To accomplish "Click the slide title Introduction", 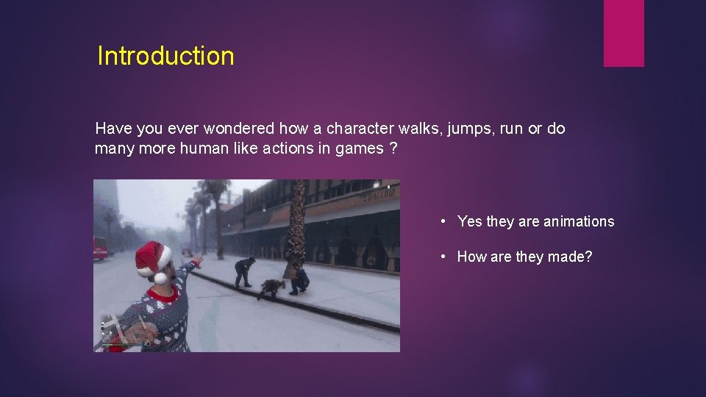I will [165, 57].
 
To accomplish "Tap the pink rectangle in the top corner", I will [624, 33].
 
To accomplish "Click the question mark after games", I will [394, 149].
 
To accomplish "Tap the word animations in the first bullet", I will [578, 221].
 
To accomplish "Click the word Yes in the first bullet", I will [469, 221].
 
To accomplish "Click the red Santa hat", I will [152, 257].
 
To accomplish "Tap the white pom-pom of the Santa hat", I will [161, 278].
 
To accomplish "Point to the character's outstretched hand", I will [197, 260].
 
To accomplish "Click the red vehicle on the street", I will [99, 248].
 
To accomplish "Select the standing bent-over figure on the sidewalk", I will [243, 271].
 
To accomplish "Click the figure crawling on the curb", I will [271, 288].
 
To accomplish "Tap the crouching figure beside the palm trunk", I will [298, 279].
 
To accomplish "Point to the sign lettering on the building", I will [382, 192].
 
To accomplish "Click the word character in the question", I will [357, 129].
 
